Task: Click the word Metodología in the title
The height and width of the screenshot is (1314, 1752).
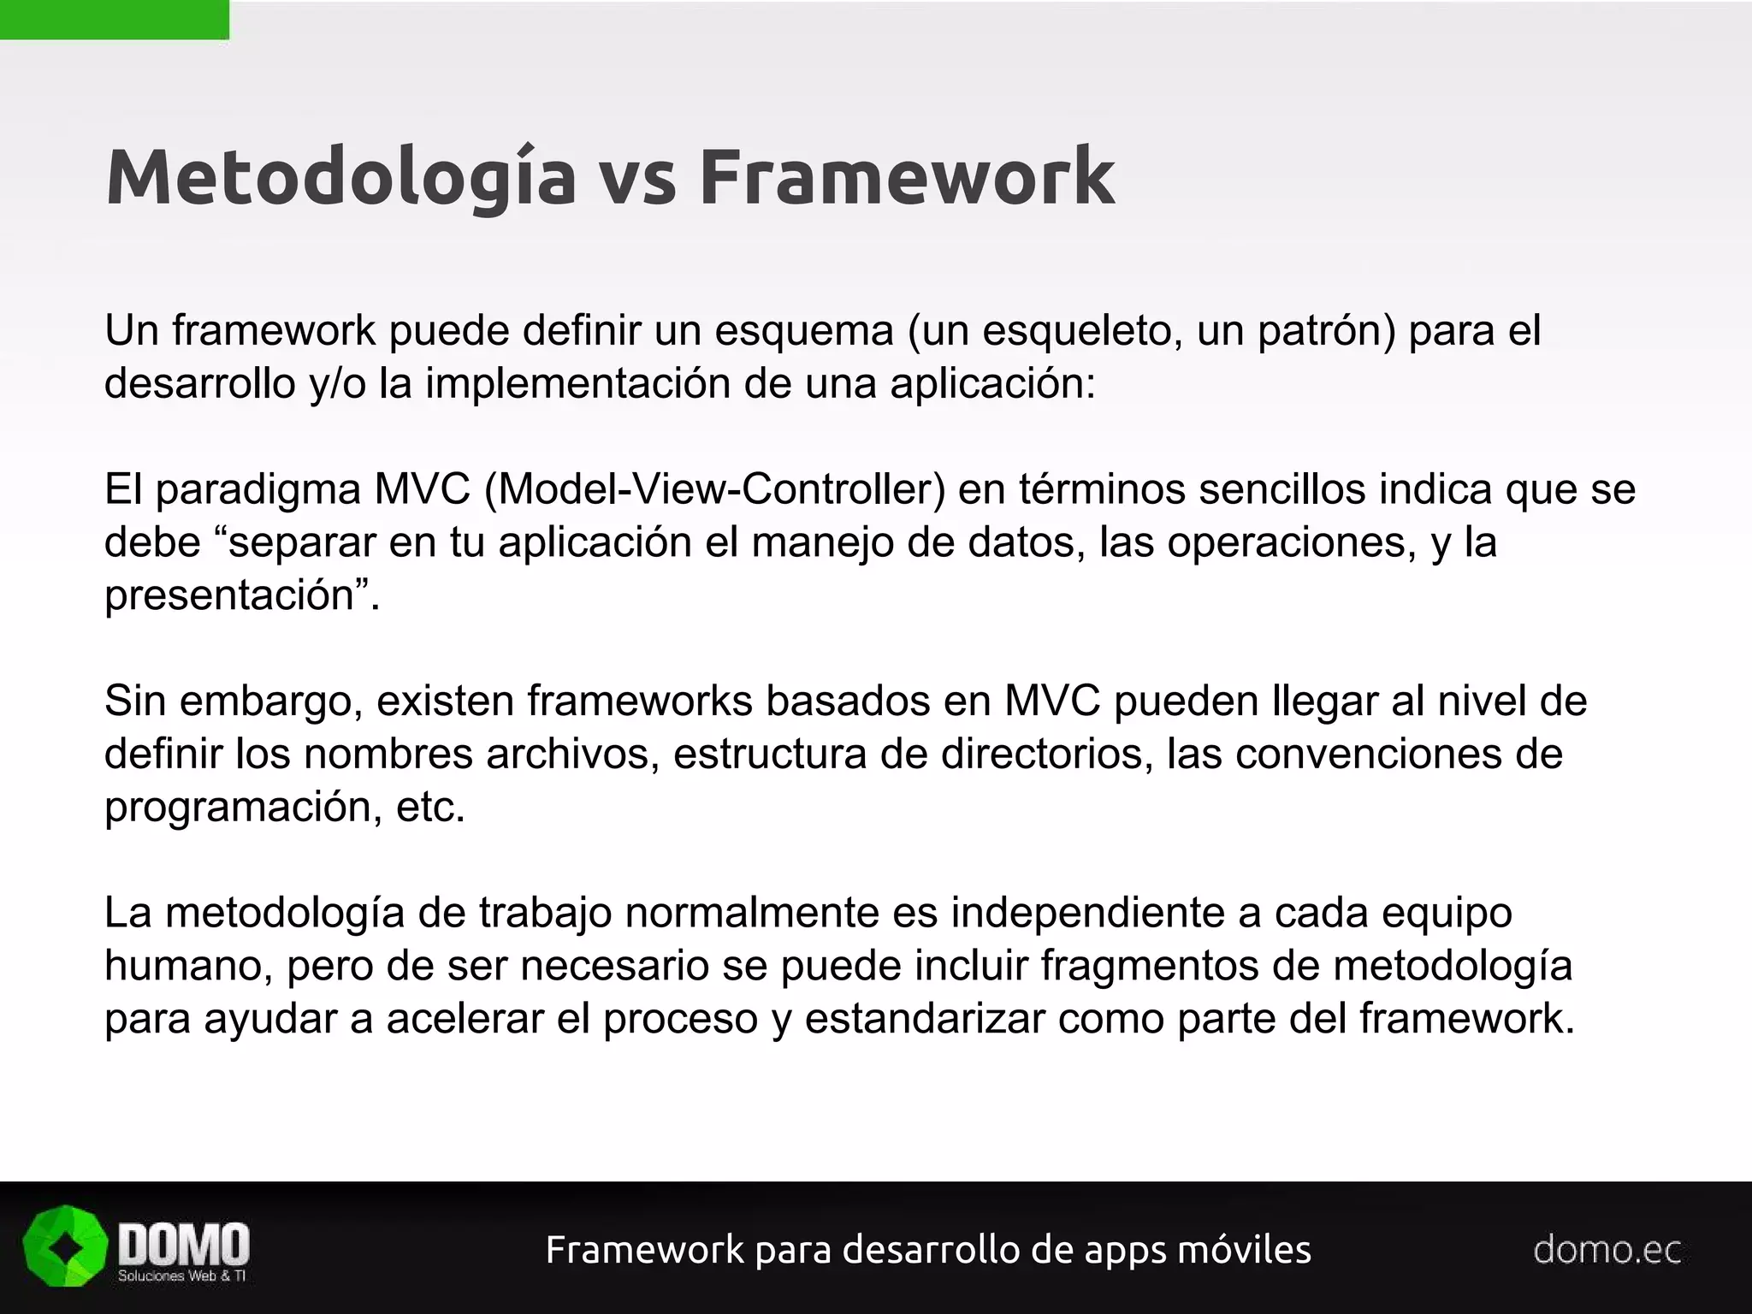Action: click(x=340, y=177)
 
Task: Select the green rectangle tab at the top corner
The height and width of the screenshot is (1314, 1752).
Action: click(x=114, y=20)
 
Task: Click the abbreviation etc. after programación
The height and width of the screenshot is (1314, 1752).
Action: click(x=431, y=807)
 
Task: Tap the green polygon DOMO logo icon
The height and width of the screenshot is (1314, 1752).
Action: click(x=66, y=1246)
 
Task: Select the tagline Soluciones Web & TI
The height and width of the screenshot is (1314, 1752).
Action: click(x=181, y=1276)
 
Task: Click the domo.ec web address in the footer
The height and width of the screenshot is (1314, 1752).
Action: click(x=1607, y=1250)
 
